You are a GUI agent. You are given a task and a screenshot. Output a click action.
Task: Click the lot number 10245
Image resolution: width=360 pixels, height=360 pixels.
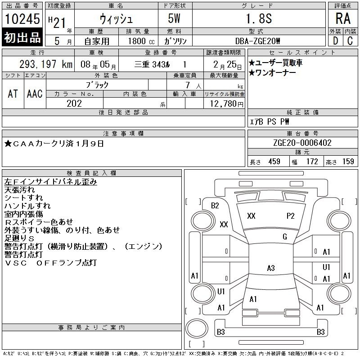(x=22, y=19)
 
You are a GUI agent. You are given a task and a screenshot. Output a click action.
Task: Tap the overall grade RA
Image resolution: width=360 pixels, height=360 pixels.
(x=343, y=18)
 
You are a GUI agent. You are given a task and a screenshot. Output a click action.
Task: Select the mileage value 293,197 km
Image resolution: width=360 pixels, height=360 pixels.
(x=46, y=64)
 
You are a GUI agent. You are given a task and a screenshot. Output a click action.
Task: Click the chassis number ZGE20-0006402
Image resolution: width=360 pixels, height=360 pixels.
(x=302, y=143)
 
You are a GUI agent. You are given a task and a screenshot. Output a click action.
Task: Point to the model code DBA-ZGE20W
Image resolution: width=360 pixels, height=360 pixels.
(x=257, y=41)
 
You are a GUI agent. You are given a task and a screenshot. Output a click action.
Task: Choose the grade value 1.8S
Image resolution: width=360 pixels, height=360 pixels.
(x=259, y=18)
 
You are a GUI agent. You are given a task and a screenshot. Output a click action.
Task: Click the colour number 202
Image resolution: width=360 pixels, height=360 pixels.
(x=74, y=103)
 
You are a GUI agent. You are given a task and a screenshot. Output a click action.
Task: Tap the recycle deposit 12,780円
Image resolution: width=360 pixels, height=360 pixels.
(x=226, y=104)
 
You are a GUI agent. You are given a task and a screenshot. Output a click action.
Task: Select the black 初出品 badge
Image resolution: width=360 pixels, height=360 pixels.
(x=22, y=37)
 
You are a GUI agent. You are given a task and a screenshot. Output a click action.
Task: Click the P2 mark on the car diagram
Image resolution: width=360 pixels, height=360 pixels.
(x=290, y=216)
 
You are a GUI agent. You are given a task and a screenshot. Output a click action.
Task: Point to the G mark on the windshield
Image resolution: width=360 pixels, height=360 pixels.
(x=285, y=237)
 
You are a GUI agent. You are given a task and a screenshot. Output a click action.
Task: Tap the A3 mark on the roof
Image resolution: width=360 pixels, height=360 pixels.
(x=271, y=268)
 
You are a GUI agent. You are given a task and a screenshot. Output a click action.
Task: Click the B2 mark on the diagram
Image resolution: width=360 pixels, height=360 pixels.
(x=215, y=206)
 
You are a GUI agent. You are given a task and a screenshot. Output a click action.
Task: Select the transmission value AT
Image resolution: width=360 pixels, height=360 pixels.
(x=13, y=94)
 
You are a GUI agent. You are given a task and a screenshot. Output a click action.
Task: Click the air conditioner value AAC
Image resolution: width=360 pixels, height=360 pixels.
(x=35, y=94)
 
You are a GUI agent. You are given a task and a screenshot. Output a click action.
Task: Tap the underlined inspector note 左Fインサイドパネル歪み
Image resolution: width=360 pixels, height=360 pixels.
(x=50, y=182)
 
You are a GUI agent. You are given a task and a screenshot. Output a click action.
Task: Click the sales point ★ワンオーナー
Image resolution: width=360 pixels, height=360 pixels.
(x=272, y=73)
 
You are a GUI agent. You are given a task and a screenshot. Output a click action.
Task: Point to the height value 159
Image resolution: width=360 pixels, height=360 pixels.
(x=348, y=162)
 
